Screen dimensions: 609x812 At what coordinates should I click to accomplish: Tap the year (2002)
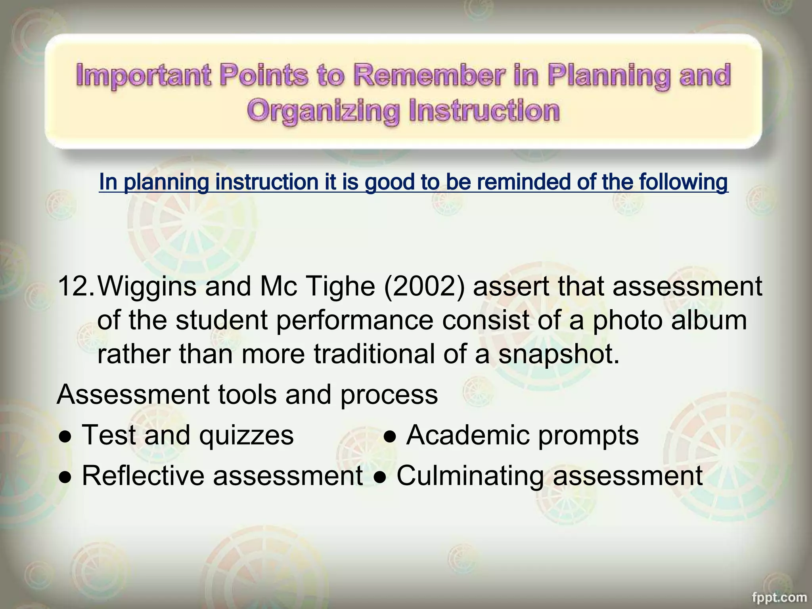424,286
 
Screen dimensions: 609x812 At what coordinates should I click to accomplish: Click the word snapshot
558,354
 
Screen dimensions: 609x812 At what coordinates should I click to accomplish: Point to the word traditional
374,354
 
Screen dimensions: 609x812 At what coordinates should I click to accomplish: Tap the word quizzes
246,435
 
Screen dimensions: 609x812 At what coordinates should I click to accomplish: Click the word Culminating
470,475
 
